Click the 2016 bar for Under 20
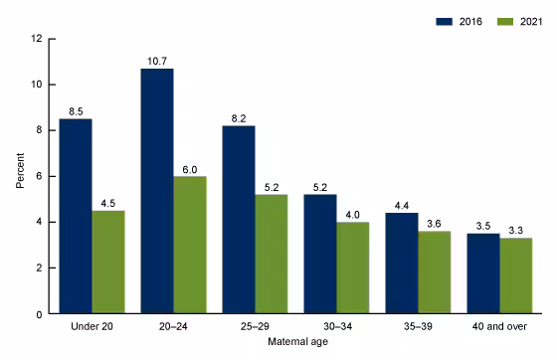coord(76,216)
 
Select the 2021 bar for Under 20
coord(108,262)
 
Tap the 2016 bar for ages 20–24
coord(157,191)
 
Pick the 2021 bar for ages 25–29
coord(271,254)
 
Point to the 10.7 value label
coord(157,60)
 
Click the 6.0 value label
coord(190,168)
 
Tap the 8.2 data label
coord(239,117)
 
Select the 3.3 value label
coord(515,230)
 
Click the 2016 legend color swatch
coord(418,20)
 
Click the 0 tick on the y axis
coord(39,313)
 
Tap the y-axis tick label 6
coord(39,176)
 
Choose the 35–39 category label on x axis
coord(418,326)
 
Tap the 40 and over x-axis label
coord(499,326)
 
